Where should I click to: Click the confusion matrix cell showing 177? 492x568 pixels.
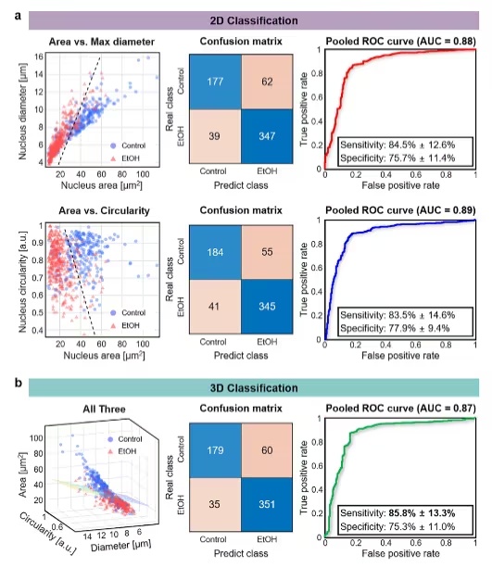click(x=215, y=82)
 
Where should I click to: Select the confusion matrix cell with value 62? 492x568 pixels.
click(x=267, y=82)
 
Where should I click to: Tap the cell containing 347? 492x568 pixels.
click(x=267, y=136)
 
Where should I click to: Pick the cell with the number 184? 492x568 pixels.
click(x=215, y=252)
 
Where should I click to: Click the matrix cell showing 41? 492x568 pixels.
click(x=215, y=307)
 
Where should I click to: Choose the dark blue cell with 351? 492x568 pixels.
click(x=267, y=504)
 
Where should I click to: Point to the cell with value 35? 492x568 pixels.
click(x=215, y=504)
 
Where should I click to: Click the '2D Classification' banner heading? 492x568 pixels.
click(x=254, y=20)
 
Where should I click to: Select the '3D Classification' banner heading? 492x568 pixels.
click(x=254, y=388)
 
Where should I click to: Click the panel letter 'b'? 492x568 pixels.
click(x=19, y=383)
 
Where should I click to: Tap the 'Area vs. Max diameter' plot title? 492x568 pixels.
click(x=101, y=42)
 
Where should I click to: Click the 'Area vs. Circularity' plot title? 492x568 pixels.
click(x=104, y=210)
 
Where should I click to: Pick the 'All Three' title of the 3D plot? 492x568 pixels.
click(x=104, y=409)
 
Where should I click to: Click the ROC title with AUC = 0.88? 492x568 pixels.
click(x=400, y=42)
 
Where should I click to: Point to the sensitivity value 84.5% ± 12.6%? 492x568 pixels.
click(x=422, y=145)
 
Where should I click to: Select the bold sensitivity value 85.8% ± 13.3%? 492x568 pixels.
click(x=422, y=513)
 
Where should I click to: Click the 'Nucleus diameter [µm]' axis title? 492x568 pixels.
click(x=23, y=111)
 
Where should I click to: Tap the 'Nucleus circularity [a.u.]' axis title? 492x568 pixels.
click(x=23, y=282)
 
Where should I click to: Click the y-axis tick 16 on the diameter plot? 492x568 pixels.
click(x=39, y=57)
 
